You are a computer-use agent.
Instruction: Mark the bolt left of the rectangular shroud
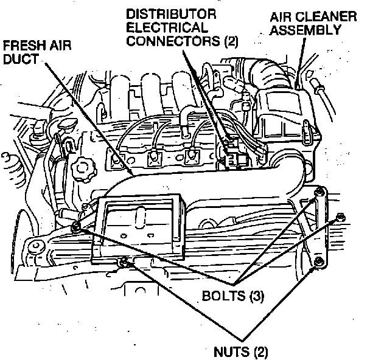(75, 227)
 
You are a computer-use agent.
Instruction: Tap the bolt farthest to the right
(339, 216)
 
